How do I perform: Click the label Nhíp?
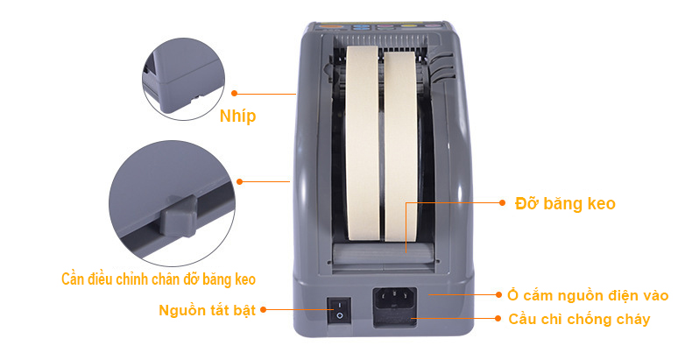(x=238, y=116)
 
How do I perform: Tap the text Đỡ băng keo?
(x=565, y=203)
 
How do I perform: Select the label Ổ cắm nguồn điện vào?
(x=588, y=295)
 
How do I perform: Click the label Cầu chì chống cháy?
(x=579, y=319)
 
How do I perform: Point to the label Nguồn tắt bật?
(x=207, y=310)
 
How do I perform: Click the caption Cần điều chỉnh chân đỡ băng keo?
(x=159, y=279)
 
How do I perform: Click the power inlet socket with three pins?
(x=395, y=299)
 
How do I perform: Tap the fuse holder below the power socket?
(x=395, y=319)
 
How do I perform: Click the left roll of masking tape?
(x=362, y=144)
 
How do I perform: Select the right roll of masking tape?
(x=400, y=146)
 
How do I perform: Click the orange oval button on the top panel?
(x=328, y=27)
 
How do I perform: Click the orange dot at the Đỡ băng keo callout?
(x=502, y=203)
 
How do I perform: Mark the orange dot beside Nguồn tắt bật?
(x=264, y=310)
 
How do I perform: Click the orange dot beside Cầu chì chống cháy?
(x=498, y=318)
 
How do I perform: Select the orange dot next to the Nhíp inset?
(x=235, y=93)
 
